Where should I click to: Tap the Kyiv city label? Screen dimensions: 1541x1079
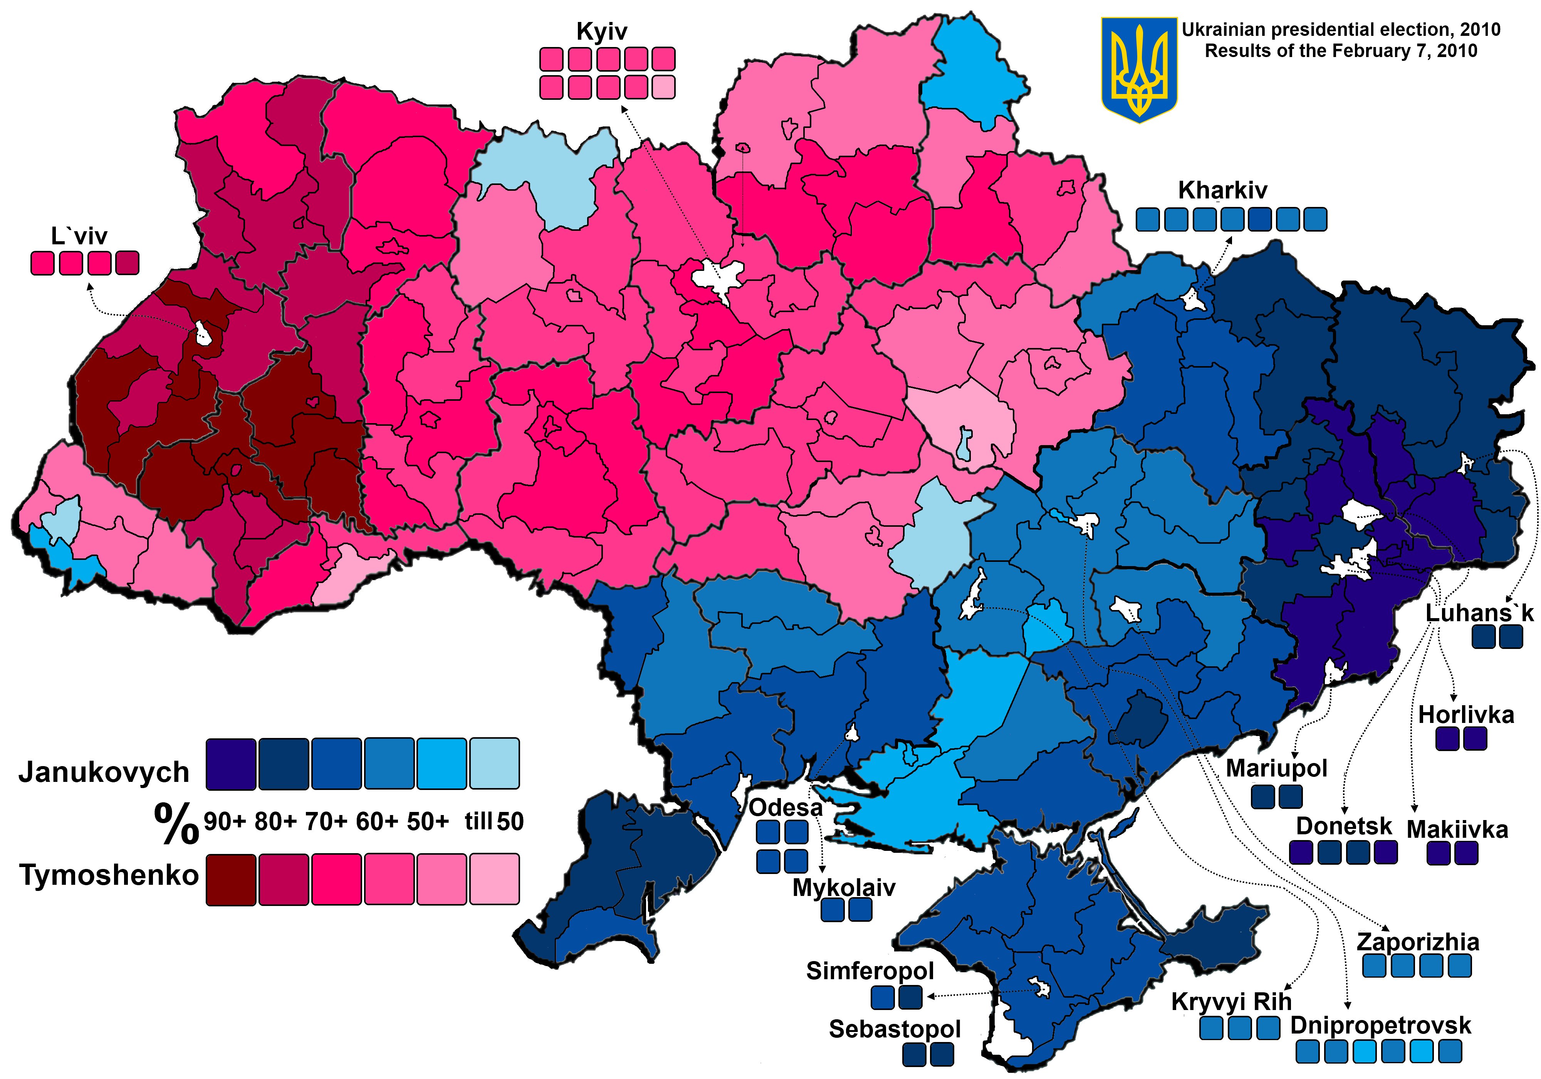pos(601,32)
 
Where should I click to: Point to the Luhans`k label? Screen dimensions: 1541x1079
pos(1479,613)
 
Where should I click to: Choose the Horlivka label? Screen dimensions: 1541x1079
pos(1466,715)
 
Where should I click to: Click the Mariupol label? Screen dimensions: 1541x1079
pos(1277,768)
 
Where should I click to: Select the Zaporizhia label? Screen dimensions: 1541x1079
pos(1417,942)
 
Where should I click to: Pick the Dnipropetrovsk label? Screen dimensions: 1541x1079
pos(1380,1025)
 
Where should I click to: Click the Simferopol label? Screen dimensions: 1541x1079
pos(870,971)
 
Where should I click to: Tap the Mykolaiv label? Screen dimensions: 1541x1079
pos(844,887)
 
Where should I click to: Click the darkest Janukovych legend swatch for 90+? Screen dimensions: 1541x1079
pos(231,763)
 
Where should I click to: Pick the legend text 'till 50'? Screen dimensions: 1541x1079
pos(494,821)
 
